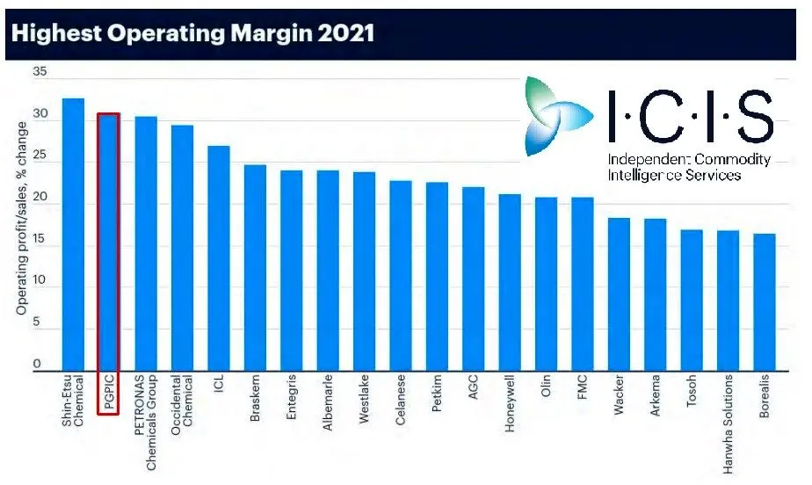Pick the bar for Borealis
tap(765, 302)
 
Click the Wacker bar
tap(619, 294)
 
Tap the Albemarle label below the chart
tap(328, 407)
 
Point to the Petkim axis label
tap(437, 400)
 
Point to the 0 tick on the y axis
tap(38, 364)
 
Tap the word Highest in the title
tap(51, 34)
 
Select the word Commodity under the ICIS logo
tap(732, 160)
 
